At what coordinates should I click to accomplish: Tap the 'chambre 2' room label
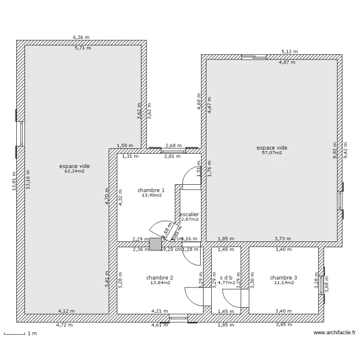click(x=159, y=277)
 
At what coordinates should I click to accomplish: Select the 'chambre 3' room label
click(x=283, y=277)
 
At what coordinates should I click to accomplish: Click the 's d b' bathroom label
click(x=226, y=277)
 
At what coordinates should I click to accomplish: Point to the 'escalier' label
click(x=189, y=215)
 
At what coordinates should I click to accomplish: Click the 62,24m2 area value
click(x=74, y=171)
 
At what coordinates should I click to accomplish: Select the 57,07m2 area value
click(x=272, y=153)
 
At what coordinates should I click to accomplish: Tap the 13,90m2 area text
click(x=151, y=195)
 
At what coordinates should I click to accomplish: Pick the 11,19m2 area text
click(x=284, y=283)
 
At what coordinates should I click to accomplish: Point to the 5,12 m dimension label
click(x=289, y=51)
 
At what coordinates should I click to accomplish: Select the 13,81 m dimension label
click(x=14, y=181)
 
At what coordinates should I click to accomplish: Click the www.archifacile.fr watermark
click(x=334, y=332)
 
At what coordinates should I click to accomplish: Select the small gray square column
click(x=156, y=244)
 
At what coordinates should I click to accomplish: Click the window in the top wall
click(x=254, y=57)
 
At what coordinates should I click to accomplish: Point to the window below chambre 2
click(x=179, y=318)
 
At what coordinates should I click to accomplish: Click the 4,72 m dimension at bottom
click(x=65, y=325)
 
